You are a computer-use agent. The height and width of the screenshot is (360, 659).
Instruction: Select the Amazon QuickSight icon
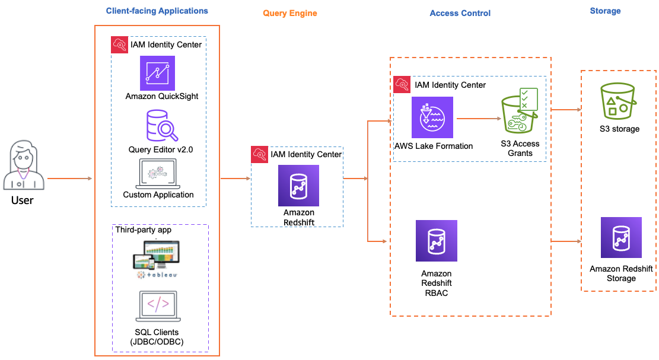[x=158, y=73]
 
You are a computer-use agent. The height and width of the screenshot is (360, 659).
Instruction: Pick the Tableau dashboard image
[x=156, y=259]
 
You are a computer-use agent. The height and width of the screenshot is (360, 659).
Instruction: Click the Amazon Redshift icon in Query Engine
[x=298, y=186]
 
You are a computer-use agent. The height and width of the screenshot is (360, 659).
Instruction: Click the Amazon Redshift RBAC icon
[x=437, y=241]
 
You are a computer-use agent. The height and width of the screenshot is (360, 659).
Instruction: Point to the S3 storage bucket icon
[x=618, y=101]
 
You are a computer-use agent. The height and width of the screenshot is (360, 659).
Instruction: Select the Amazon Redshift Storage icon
[x=621, y=238]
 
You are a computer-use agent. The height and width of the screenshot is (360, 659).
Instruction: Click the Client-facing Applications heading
[x=157, y=11]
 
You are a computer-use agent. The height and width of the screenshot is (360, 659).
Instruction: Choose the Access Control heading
[x=460, y=13]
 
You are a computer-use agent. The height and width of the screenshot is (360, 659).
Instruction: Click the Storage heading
[x=605, y=11]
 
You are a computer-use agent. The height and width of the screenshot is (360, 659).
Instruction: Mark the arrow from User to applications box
[x=69, y=178]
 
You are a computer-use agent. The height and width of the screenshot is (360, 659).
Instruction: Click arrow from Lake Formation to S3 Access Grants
[x=477, y=119]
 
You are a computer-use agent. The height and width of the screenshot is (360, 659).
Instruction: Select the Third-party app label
[x=143, y=230]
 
